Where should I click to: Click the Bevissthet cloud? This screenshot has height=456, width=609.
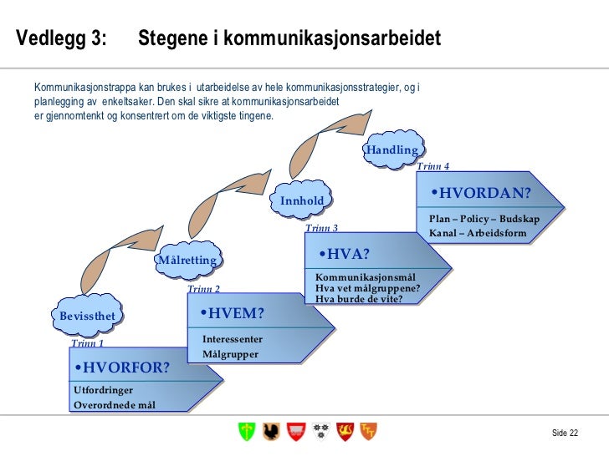point(87,315)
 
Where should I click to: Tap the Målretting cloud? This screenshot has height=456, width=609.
point(187,260)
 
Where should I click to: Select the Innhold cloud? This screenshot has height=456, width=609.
point(301,200)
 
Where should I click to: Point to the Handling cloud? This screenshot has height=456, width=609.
point(391,149)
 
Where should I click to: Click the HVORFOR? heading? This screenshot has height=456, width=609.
point(121,367)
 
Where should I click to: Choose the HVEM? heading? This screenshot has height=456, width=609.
point(232,313)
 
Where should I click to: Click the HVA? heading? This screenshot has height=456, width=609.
point(344,254)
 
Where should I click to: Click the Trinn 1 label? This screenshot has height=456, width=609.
point(87,343)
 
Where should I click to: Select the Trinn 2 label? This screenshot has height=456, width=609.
point(203,289)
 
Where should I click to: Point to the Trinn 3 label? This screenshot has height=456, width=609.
point(321,228)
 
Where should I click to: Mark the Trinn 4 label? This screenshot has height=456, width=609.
point(432,166)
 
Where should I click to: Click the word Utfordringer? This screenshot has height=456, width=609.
point(103,390)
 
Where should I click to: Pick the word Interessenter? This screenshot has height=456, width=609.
point(233,339)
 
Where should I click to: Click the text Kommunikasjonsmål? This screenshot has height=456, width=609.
point(366,278)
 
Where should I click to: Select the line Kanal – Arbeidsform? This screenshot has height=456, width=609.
point(478,233)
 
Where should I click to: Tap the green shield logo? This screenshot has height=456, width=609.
point(246,431)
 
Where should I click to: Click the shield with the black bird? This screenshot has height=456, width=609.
point(270,431)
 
